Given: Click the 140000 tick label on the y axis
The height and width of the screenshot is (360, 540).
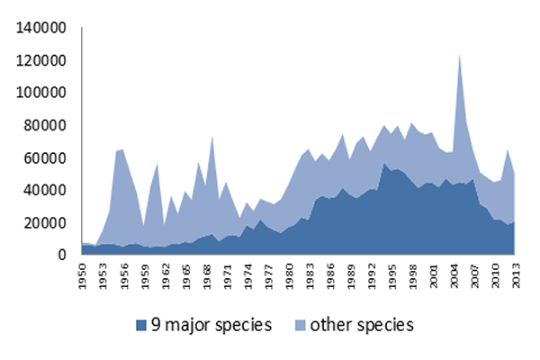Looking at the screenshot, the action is point(40,28).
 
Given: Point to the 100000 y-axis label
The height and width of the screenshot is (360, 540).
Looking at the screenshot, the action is point(40,93).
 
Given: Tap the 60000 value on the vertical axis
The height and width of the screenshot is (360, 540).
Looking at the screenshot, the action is point(45,158).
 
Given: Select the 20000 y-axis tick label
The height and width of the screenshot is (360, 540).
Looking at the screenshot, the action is point(45,223).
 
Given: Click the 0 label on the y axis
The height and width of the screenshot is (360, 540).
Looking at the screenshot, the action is point(61,255).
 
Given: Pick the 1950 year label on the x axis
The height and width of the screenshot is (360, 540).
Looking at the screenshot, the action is point(83,276).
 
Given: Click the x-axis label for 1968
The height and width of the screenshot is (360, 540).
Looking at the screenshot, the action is point(207,276).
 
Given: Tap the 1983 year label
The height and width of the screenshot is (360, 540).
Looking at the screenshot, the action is point(310,276).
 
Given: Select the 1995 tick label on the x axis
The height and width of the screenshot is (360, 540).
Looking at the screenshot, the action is point(392,276).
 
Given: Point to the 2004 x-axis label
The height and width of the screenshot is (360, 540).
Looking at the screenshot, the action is point(454,276).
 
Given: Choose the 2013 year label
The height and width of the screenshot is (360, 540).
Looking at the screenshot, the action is point(517,276).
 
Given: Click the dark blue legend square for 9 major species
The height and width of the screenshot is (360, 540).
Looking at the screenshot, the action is point(141,326).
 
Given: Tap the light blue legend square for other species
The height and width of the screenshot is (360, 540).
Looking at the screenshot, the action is point(301,326).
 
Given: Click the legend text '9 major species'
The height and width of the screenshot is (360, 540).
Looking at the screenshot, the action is point(211,326).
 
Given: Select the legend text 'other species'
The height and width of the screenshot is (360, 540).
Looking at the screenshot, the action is point(362,326).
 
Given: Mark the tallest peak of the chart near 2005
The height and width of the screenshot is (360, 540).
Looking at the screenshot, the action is point(459,54).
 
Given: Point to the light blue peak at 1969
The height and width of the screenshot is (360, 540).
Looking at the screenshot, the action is point(212,136).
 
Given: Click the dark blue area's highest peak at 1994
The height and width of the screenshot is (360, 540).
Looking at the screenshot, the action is point(384,163).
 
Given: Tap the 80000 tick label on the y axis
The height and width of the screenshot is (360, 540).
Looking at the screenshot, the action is point(45,126).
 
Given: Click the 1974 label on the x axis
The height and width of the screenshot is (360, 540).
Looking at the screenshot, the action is point(248,276).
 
